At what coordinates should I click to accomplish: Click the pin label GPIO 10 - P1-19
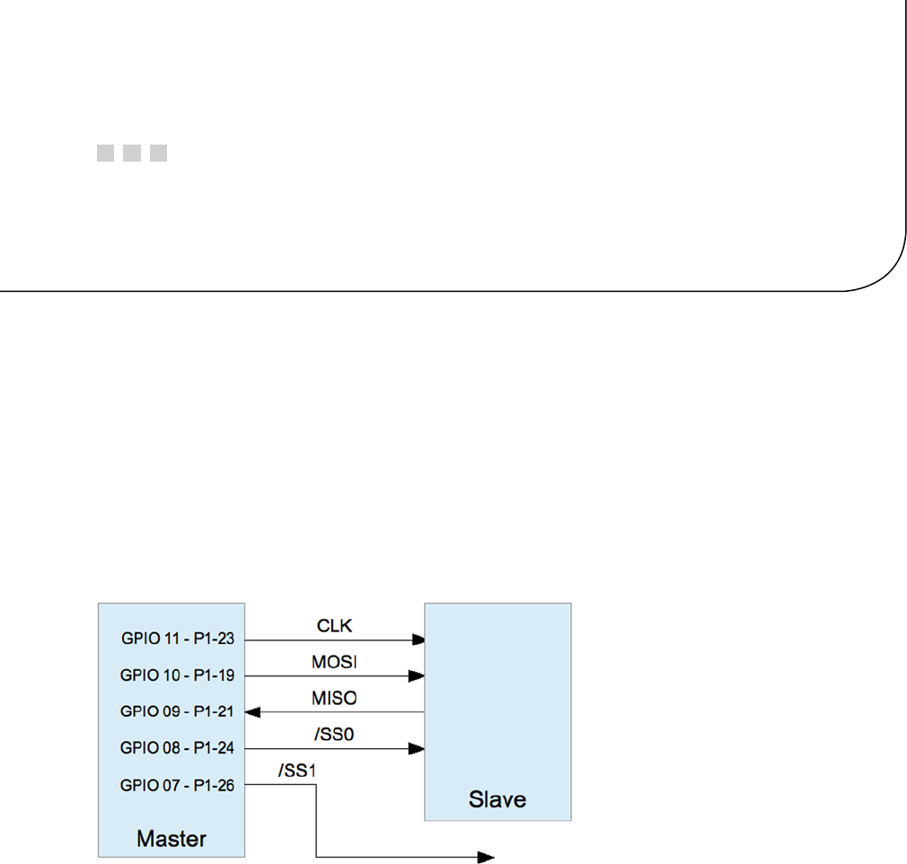pyautogui.click(x=177, y=675)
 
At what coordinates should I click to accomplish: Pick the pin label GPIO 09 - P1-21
pyautogui.click(x=177, y=711)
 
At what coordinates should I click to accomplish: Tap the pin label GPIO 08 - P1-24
pyautogui.click(x=177, y=748)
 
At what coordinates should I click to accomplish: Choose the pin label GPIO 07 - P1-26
pyautogui.click(x=177, y=785)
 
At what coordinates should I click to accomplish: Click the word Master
pyautogui.click(x=171, y=840)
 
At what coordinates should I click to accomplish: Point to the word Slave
pyautogui.click(x=497, y=798)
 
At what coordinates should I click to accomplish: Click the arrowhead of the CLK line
pyautogui.click(x=418, y=640)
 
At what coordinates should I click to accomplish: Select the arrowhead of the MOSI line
pyautogui.click(x=418, y=675)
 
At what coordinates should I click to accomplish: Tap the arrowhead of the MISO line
pyautogui.click(x=252, y=712)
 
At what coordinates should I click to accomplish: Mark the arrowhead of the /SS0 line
pyautogui.click(x=418, y=748)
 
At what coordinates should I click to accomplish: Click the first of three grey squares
pyautogui.click(x=105, y=154)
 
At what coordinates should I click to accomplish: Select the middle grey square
pyautogui.click(x=132, y=154)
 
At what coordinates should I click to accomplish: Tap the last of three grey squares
pyautogui.click(x=159, y=154)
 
